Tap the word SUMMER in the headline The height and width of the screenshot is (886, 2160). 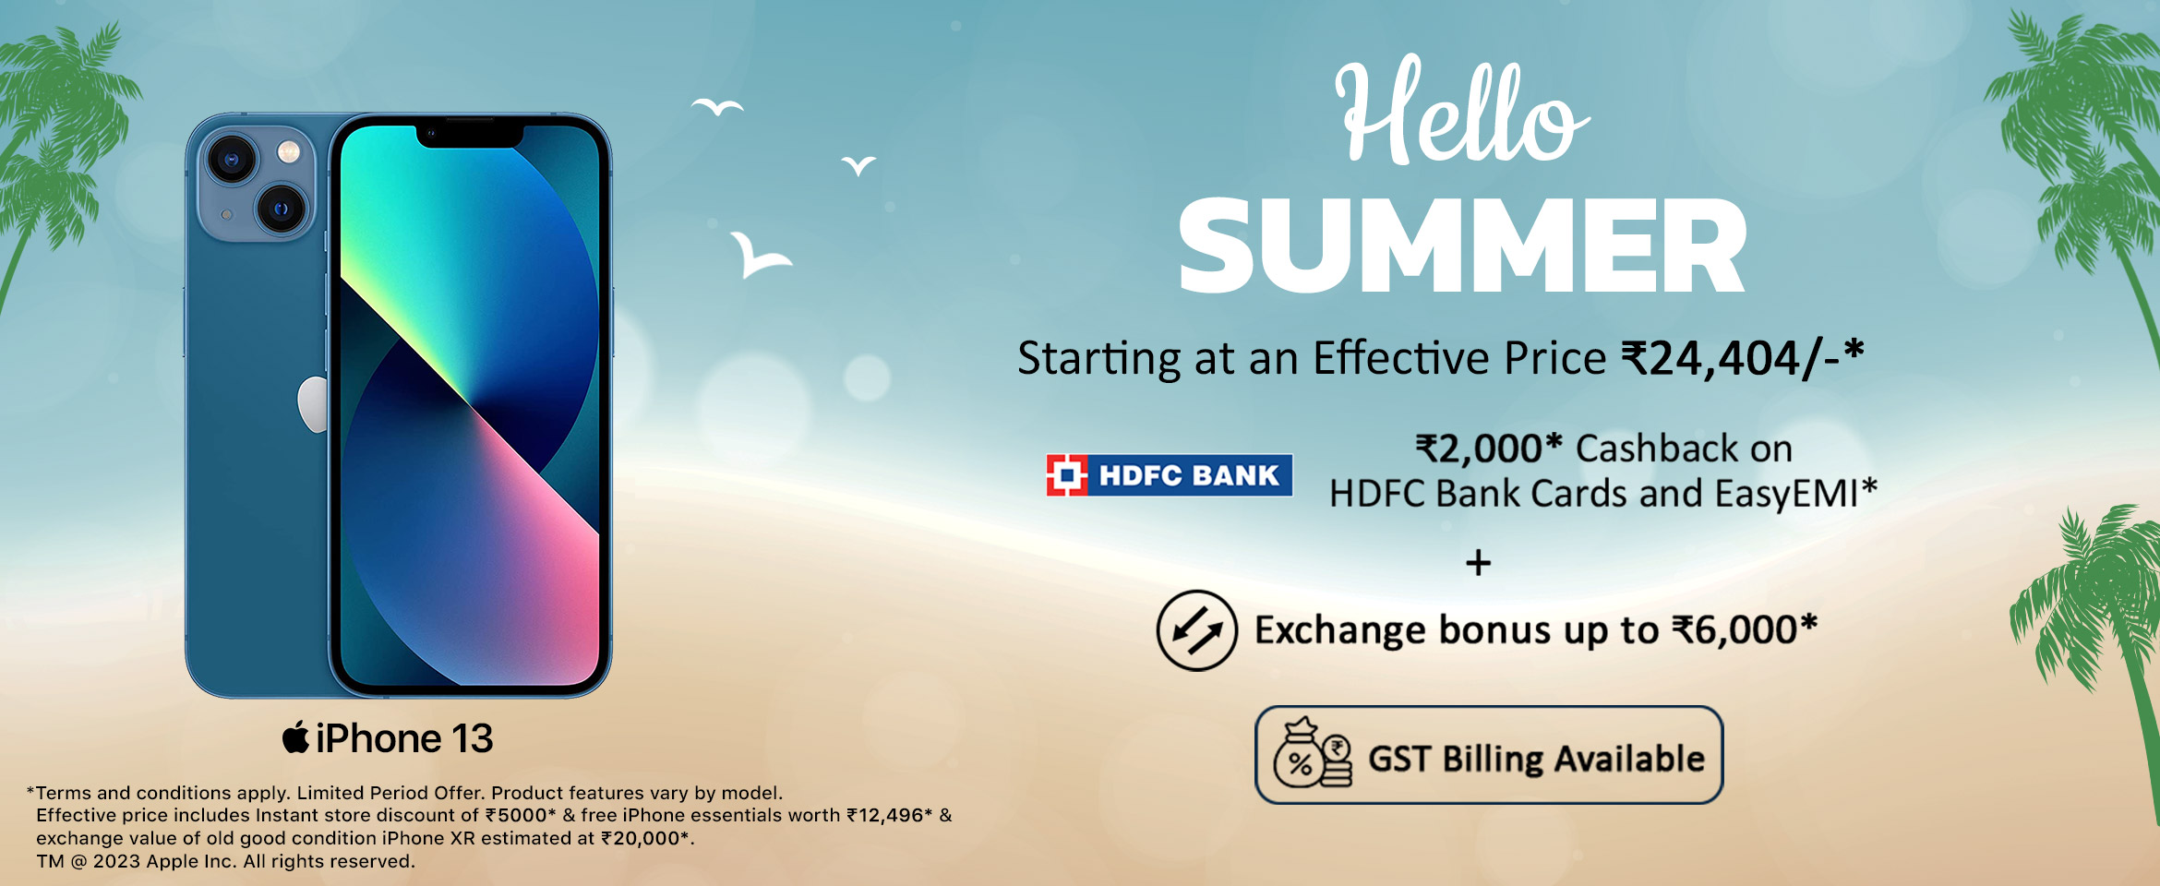[1463, 246]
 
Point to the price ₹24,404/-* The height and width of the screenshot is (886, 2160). [1743, 358]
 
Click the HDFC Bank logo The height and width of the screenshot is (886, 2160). [1169, 475]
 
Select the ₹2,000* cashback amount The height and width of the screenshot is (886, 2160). [1489, 449]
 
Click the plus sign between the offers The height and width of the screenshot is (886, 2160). [1478, 563]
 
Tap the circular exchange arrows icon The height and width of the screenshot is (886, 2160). [1196, 630]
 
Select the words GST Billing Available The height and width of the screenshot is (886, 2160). [1536, 759]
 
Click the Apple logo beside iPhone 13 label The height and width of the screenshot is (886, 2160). [295, 737]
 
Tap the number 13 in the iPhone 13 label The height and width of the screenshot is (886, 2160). [472, 738]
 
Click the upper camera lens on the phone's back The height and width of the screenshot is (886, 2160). [231, 159]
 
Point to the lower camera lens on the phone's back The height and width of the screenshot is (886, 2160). [281, 209]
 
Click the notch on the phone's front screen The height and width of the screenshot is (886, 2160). [470, 136]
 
